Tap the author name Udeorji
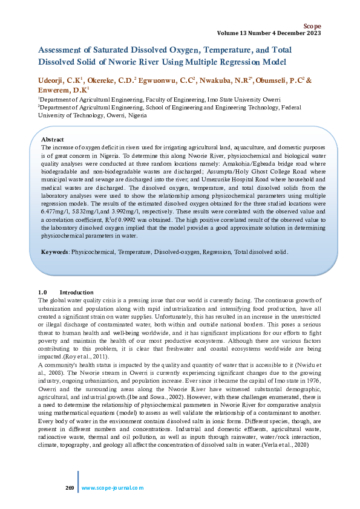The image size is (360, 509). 54,79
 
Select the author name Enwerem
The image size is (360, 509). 55,89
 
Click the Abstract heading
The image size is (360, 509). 53,140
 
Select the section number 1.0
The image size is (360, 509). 42,292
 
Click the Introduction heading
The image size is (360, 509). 76,292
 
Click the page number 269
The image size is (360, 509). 69,487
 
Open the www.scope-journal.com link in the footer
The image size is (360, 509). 113,487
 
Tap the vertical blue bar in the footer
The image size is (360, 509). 77,482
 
